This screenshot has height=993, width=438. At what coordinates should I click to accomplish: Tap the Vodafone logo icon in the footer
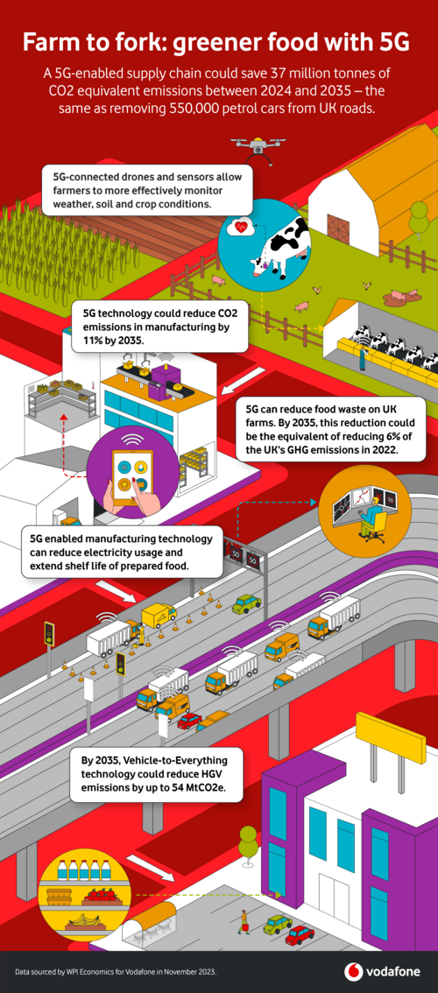[354, 971]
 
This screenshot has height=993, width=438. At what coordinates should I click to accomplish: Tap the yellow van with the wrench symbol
[159, 615]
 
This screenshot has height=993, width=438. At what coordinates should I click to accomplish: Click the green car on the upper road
[246, 603]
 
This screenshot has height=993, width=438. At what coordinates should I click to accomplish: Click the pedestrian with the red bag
[242, 922]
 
